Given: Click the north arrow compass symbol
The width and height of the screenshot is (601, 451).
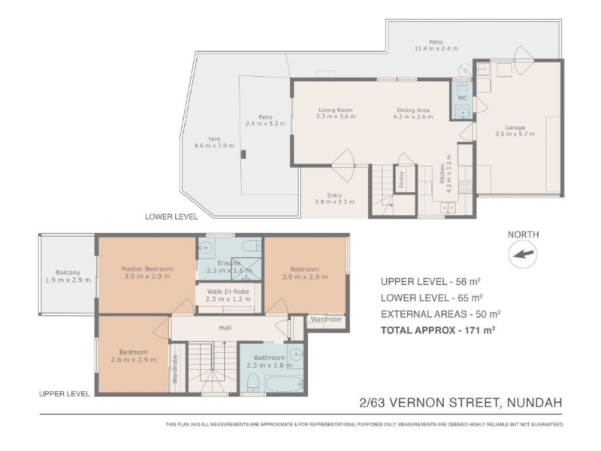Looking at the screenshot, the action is [523, 254].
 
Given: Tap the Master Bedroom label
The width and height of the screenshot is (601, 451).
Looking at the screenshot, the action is [146, 269].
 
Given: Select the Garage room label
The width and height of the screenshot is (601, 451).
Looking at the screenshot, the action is [515, 127].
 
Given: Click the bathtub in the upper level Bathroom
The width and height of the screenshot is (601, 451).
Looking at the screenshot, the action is [284, 383].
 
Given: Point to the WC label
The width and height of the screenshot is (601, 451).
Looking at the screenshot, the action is [463, 98].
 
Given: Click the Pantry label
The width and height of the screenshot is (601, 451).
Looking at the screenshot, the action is [401, 180].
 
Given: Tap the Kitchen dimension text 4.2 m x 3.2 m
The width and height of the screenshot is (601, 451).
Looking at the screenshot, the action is [449, 174].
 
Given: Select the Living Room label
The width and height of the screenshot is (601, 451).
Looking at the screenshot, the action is [335, 110].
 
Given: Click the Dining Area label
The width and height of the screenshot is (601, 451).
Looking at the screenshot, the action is [412, 110].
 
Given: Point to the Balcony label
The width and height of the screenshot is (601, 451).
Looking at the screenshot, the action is [68, 273].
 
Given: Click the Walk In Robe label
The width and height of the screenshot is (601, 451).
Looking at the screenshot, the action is [228, 292].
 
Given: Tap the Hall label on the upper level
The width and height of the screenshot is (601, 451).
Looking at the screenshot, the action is [225, 328].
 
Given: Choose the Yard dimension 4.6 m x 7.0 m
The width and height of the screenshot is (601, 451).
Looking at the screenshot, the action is [214, 145].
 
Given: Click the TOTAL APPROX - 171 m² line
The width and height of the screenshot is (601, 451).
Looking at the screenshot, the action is [438, 330].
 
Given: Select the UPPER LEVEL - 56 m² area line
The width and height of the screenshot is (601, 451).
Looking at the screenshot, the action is [430, 281].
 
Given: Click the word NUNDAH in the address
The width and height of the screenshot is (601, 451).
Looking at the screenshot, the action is [534, 403].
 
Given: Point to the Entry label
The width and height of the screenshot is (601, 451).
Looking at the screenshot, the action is [334, 195].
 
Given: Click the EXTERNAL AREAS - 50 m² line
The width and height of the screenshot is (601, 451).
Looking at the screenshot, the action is [440, 314].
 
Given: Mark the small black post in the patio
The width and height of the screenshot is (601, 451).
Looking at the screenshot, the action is [243, 154].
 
